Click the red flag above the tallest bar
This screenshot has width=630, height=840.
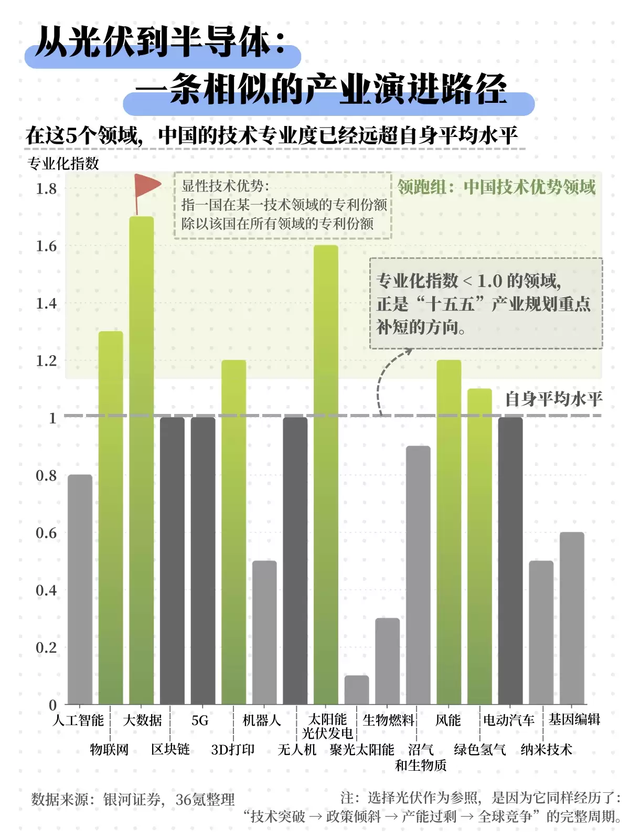coord(147,186)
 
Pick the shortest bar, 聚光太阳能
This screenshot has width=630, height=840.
coord(357,690)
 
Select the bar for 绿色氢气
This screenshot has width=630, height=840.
coord(479,546)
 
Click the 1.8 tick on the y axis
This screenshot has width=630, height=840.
coord(46,189)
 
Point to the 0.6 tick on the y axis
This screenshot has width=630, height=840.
coord(46,533)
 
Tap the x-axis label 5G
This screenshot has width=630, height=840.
coord(200,720)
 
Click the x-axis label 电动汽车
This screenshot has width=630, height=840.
coord(508,720)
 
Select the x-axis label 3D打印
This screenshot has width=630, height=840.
coord(232,750)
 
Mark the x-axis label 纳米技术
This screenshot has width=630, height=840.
coord(546,750)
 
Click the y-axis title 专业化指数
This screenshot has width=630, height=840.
coord(63,164)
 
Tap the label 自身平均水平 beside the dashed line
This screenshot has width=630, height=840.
coord(553,399)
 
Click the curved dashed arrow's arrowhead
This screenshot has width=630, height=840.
coord(408,352)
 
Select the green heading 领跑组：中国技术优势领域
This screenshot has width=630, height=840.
coord(496,187)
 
